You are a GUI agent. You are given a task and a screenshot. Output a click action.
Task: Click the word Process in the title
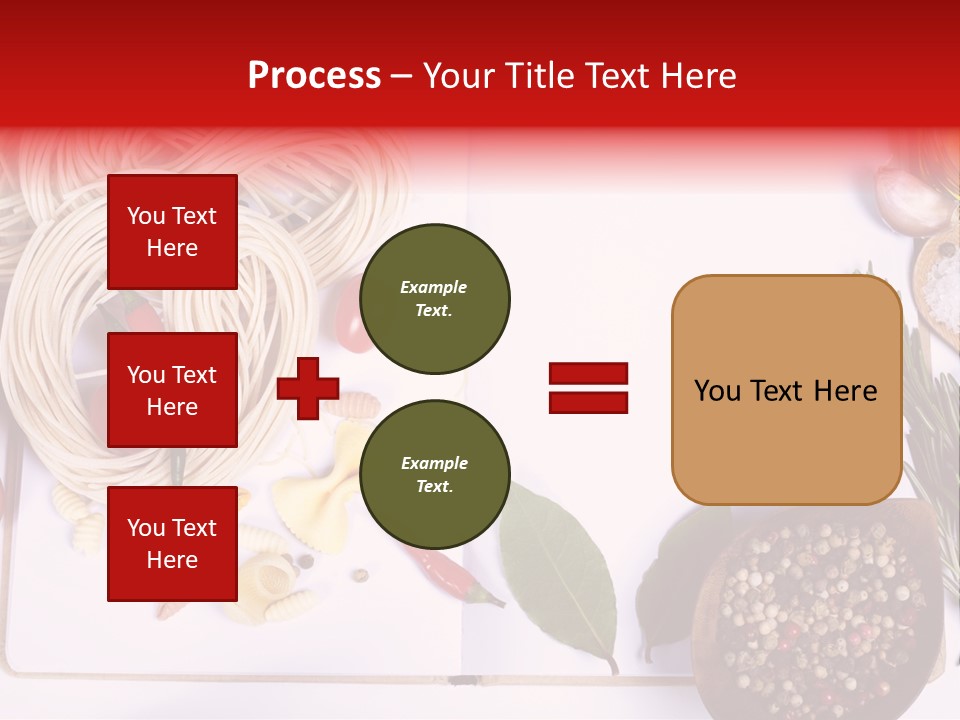314,75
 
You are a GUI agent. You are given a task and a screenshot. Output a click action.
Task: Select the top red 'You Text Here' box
172,232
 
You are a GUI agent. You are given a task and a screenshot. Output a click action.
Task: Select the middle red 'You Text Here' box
172,390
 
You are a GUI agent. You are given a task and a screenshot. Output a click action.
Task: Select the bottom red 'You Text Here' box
172,544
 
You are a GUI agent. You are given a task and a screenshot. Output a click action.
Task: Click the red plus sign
308,388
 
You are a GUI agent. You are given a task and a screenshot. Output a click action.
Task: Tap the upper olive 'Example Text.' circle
434,299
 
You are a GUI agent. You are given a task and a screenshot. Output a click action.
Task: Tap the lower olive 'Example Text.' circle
434,475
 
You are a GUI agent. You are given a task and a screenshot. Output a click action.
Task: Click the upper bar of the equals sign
588,374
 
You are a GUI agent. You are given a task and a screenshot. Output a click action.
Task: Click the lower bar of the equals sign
588,402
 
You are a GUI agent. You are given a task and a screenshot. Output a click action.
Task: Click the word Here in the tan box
845,391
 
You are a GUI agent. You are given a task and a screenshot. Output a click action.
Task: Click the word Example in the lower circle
434,463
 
